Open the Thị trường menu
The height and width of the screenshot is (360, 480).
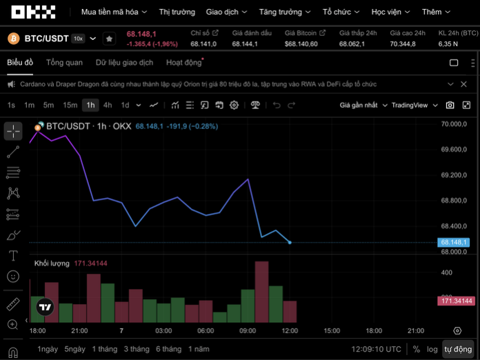[177, 12]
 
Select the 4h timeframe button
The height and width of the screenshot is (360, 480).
[108, 105]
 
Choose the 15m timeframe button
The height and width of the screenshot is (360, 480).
[70, 105]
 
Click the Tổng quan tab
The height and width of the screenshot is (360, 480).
[64, 63]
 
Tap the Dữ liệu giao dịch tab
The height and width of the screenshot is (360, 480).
[125, 63]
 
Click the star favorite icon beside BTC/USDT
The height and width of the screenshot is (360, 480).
[109, 39]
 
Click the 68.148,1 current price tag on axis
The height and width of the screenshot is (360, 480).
[454, 242]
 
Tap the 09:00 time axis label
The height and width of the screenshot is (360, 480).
[248, 331]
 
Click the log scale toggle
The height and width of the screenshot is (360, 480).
[432, 349]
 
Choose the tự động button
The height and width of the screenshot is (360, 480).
[457, 349]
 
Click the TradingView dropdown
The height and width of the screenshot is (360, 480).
[414, 105]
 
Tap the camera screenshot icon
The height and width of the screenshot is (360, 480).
[450, 105]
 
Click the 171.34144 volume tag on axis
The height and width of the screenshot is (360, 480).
[456, 301]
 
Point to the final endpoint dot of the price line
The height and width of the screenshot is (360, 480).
[290, 242]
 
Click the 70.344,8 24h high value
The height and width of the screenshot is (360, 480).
[403, 43]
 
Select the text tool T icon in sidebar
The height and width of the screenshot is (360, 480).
[13, 255]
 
